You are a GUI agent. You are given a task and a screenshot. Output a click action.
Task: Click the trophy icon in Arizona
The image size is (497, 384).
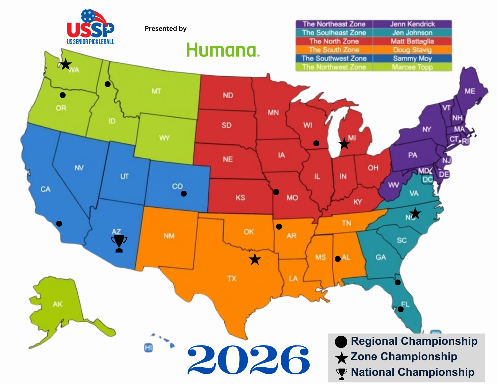click(119, 243)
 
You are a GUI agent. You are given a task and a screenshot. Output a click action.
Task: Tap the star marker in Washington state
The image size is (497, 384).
click(66, 64)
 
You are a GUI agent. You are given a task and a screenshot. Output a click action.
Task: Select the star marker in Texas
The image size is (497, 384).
click(255, 259)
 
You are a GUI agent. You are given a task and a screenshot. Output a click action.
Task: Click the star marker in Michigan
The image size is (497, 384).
click(344, 144)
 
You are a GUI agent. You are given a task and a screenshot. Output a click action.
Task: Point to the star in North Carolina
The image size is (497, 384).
click(415, 213)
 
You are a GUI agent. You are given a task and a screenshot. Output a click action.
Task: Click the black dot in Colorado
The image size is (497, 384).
click(184, 194)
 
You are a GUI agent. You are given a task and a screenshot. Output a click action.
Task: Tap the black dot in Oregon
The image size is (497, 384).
click(63, 95)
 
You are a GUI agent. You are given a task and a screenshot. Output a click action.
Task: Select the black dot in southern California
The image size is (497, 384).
click(59, 223)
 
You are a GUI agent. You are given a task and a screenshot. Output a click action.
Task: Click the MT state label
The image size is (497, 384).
click(156, 91)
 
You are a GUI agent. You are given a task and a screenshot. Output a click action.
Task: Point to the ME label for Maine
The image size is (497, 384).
click(470, 91)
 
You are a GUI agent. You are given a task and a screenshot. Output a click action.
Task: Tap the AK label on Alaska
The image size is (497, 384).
click(57, 304)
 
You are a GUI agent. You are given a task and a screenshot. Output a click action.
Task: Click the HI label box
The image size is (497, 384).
click(148, 348)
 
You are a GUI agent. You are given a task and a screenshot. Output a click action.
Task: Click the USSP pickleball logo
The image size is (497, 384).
click(91, 27)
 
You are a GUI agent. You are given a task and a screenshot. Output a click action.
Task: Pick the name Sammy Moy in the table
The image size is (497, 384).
click(412, 59)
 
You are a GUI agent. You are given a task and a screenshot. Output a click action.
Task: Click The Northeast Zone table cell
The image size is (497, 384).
click(334, 24)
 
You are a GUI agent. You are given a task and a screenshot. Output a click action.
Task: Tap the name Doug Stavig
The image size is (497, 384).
click(412, 50)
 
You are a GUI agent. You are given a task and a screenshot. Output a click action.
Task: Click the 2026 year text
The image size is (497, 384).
click(248, 360)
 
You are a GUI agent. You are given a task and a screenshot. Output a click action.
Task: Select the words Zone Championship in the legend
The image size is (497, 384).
click(404, 357)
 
